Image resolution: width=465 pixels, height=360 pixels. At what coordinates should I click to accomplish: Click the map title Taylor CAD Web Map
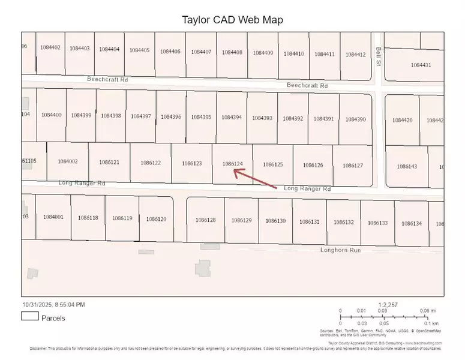point(232,19)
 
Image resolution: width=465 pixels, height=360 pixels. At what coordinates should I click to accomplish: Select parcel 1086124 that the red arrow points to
point(232,163)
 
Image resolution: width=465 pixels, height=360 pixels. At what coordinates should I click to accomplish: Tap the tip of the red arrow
point(234,171)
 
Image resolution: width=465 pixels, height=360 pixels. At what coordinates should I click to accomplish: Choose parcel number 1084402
point(50,48)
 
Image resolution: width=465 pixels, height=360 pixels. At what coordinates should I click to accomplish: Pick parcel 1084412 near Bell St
point(356,55)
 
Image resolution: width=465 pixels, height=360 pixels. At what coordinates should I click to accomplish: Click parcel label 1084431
point(421,65)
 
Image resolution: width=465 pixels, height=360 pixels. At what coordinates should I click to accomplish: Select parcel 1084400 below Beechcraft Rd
point(52,115)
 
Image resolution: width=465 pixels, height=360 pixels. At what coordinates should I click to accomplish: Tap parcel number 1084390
point(356,119)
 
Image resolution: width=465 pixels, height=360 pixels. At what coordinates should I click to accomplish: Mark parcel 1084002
point(68,161)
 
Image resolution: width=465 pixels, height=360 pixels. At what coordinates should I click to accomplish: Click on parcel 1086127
point(353,165)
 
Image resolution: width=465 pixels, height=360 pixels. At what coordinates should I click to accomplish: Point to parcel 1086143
point(406,166)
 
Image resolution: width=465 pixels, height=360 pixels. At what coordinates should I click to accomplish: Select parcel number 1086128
point(205,220)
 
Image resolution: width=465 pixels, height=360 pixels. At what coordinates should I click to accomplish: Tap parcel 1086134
point(412,223)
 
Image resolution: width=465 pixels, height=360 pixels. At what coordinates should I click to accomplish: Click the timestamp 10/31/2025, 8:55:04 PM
point(53,305)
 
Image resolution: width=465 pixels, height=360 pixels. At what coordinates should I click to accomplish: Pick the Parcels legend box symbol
point(29,317)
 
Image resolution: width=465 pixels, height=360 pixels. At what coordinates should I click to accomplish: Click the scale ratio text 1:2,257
point(388,305)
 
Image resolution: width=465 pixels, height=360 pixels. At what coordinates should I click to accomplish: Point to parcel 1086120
point(156,219)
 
